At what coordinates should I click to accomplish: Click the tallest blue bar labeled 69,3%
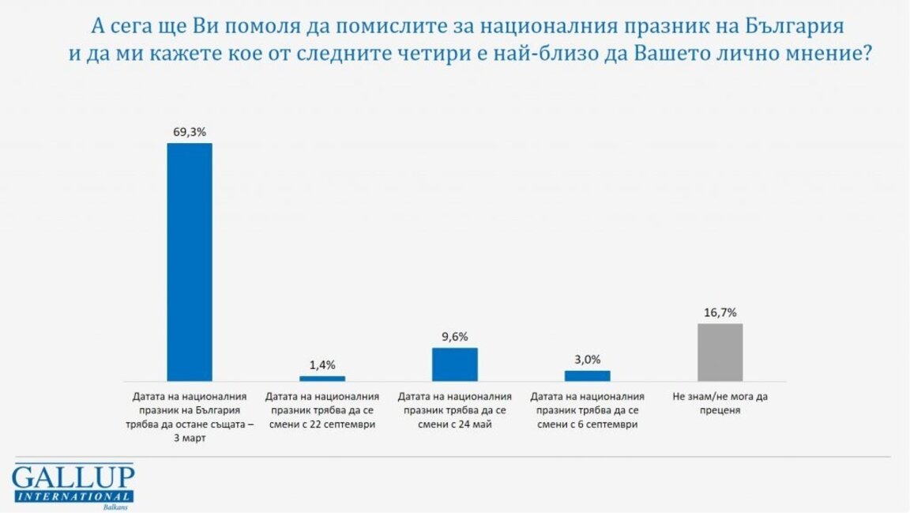coord(190,262)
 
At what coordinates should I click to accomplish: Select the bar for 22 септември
coord(322,379)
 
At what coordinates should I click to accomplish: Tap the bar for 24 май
coord(455,364)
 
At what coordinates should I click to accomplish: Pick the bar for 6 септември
coord(588,375)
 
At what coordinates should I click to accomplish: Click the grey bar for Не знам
coord(720,353)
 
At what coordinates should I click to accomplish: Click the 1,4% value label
coord(322,364)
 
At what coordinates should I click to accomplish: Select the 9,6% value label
coord(455,337)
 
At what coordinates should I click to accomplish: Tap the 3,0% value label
coord(588,360)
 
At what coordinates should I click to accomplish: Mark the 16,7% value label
coord(720,313)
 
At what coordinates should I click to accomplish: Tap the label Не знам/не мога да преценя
coord(720,403)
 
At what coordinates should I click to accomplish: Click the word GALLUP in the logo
coord(73,477)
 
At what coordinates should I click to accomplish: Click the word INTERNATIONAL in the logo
coord(73,496)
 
